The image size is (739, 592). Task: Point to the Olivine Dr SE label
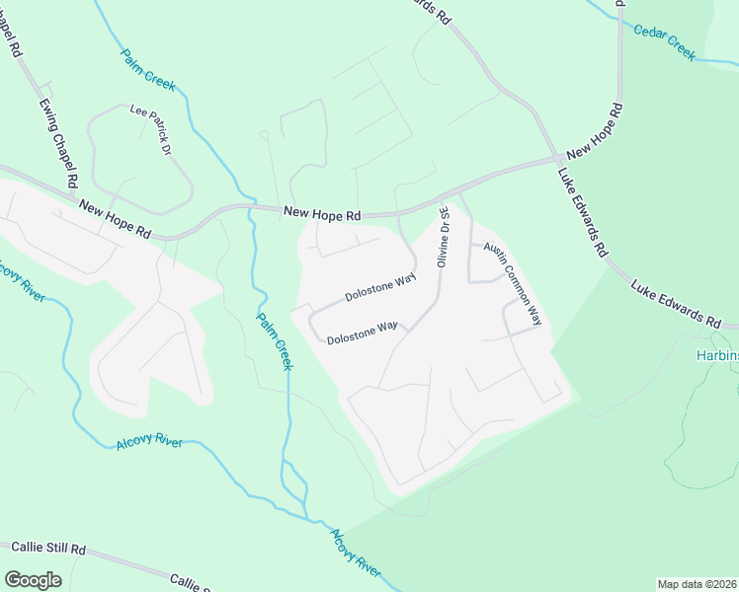tap(444, 237)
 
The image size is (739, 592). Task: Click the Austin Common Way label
tap(513, 283)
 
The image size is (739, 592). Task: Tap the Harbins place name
tap(716, 356)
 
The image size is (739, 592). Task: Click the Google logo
tap(33, 580)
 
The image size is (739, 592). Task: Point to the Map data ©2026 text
tap(697, 584)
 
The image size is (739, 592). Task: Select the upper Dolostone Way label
tap(380, 289)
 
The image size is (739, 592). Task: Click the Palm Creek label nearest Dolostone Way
tap(275, 341)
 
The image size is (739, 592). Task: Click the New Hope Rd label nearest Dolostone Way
tap(322, 212)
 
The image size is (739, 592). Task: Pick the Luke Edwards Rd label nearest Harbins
tap(676, 303)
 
